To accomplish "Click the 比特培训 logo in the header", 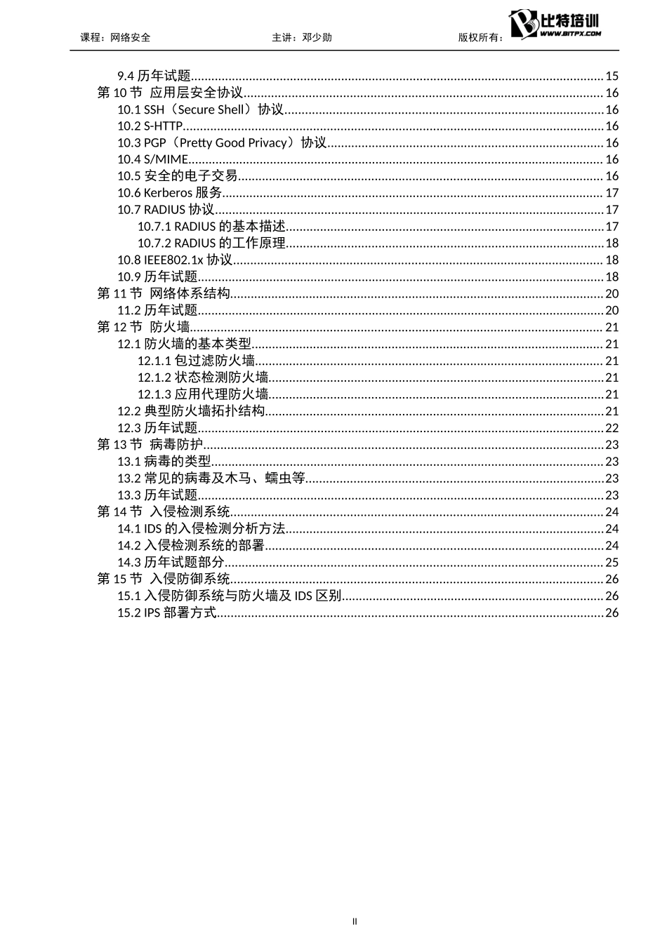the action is click(x=556, y=25).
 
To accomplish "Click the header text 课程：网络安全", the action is click(x=116, y=37).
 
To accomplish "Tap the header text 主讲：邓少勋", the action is click(x=302, y=37).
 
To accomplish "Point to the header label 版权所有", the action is click(x=480, y=37).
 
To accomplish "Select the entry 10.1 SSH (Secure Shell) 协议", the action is click(x=200, y=109).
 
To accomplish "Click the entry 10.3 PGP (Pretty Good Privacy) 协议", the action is click(x=222, y=143).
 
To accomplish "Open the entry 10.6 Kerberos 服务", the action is click(x=170, y=193).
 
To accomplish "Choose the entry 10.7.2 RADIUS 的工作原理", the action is click(x=211, y=243).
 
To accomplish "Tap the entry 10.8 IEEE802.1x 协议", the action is click(x=175, y=260).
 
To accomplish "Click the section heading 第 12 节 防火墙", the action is click(x=143, y=328).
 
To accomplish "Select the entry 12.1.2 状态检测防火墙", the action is click(x=203, y=377).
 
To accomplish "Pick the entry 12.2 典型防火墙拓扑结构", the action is click(x=191, y=411).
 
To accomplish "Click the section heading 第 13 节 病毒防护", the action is click(x=150, y=445).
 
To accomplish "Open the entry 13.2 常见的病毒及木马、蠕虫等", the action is click(x=211, y=479).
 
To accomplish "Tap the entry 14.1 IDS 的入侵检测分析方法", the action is click(x=202, y=529).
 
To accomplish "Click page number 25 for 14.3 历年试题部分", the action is click(x=612, y=563).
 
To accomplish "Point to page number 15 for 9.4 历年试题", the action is click(x=612, y=76).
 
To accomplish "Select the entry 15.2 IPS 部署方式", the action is click(x=167, y=613).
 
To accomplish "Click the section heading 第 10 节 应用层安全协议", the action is click(x=170, y=93).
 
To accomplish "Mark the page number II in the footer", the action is click(x=355, y=921).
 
